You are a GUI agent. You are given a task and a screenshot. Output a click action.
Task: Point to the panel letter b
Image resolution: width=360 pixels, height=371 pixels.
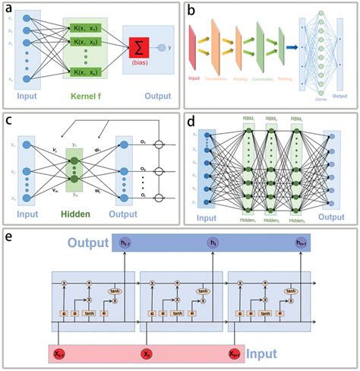click(191, 10)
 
